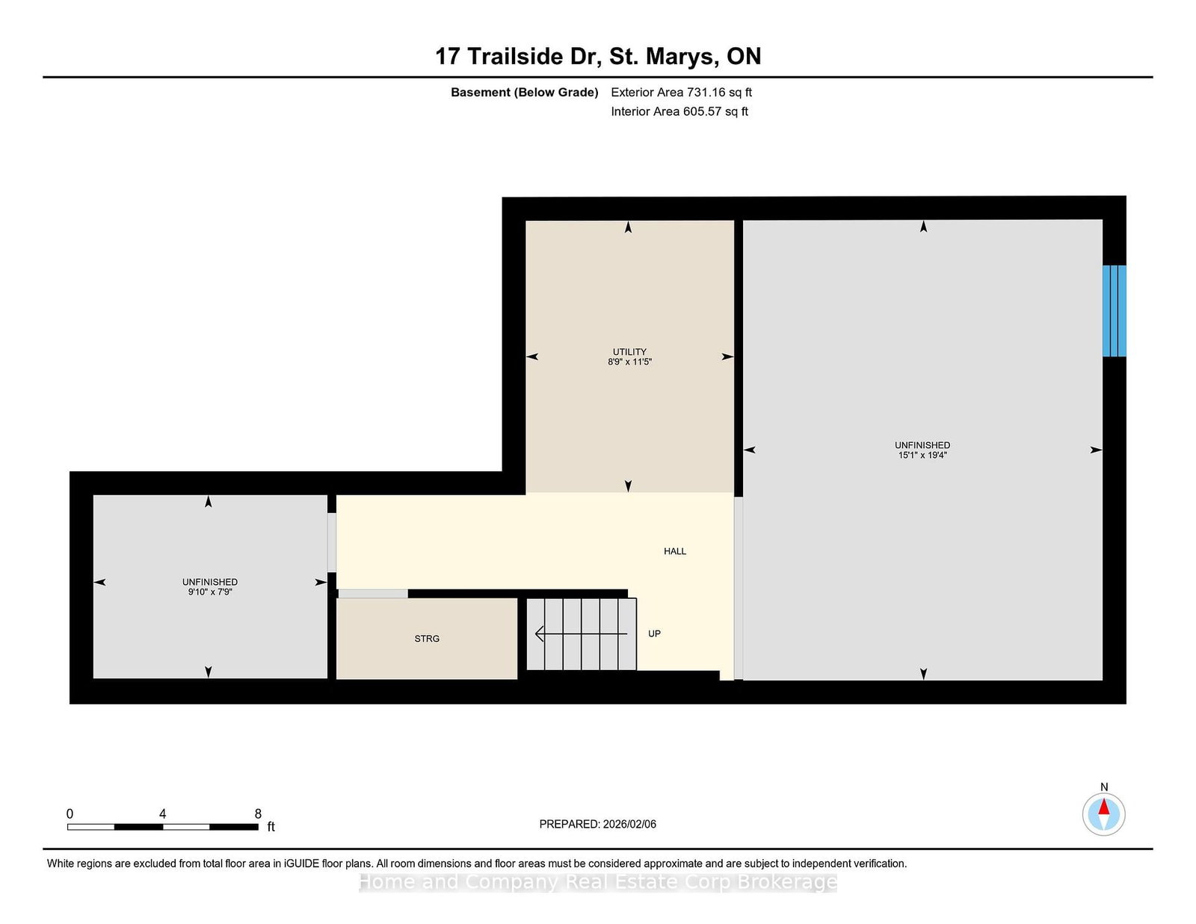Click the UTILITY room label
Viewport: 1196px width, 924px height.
pyautogui.click(x=629, y=352)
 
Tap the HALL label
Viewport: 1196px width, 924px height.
pyautogui.click(x=675, y=551)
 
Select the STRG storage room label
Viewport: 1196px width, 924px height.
pyautogui.click(x=427, y=639)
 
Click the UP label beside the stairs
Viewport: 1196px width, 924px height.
pyautogui.click(x=654, y=633)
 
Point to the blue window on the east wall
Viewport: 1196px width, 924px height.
pyautogui.click(x=1114, y=311)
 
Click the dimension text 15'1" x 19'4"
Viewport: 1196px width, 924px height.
pyautogui.click(x=922, y=455)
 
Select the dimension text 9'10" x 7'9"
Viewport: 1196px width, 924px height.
pyautogui.click(x=210, y=592)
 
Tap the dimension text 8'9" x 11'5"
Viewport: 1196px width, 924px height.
pyautogui.click(x=629, y=362)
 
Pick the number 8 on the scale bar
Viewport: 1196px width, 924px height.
pyautogui.click(x=258, y=813)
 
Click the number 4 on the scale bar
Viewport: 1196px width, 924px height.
pyautogui.click(x=162, y=813)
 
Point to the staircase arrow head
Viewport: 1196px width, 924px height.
pyautogui.click(x=540, y=634)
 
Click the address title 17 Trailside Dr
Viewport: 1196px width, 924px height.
pyautogui.click(x=518, y=56)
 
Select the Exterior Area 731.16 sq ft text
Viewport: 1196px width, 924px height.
pyautogui.click(x=681, y=93)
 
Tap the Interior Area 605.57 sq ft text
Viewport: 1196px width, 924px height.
pyautogui.click(x=679, y=111)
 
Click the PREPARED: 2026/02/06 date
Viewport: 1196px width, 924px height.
pyautogui.click(x=597, y=824)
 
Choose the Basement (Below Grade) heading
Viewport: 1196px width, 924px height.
pyautogui.click(x=524, y=93)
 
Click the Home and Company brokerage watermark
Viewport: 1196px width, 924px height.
pyautogui.click(x=597, y=882)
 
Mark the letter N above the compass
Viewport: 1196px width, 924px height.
pyautogui.click(x=1103, y=787)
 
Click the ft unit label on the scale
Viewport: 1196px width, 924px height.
pyautogui.click(x=271, y=826)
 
